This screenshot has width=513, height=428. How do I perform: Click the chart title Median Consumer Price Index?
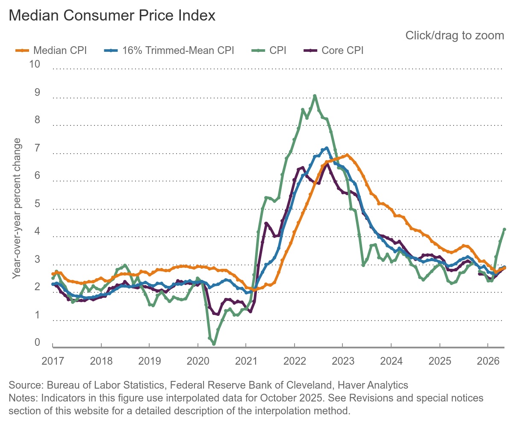click(112, 15)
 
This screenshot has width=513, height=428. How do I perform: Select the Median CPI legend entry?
click(51, 51)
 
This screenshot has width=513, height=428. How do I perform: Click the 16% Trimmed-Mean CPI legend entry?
click(169, 51)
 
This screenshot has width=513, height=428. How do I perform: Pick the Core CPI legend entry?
click(333, 51)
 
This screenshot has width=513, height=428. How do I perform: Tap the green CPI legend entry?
click(269, 51)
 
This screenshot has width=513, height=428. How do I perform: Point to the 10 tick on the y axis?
click(35, 64)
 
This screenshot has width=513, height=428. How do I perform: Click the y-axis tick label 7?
click(37, 148)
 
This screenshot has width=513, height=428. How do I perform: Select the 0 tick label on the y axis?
click(37, 342)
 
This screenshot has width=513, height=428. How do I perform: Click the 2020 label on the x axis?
click(198, 361)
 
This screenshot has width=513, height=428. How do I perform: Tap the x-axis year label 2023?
click(343, 361)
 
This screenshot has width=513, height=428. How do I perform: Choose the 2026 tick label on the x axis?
click(488, 361)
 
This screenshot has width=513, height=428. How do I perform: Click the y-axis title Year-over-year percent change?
click(17, 208)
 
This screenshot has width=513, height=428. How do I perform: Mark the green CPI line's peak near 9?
click(315, 96)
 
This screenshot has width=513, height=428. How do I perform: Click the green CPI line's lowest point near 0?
click(214, 344)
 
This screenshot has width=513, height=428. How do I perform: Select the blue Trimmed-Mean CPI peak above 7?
click(327, 148)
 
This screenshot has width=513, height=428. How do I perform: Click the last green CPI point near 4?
click(504, 229)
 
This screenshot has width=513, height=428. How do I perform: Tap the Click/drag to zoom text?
click(455, 36)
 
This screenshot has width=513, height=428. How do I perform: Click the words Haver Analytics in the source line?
click(373, 385)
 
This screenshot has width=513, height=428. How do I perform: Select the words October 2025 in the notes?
click(291, 398)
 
